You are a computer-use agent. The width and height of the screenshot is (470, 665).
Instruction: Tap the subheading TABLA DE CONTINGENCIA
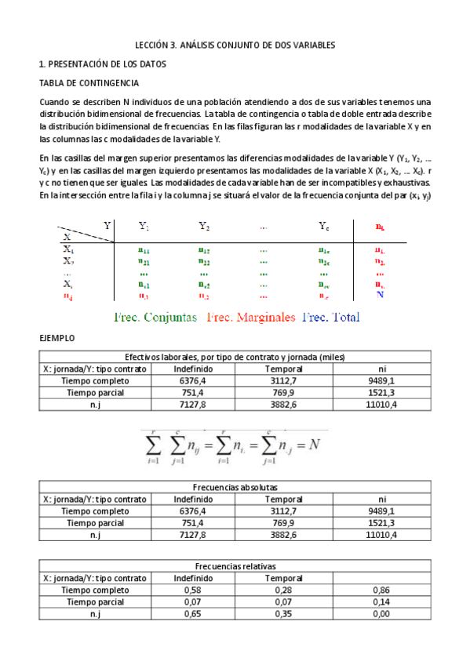(x=89, y=82)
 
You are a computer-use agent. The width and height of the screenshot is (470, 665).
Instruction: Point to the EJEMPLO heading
(x=56, y=338)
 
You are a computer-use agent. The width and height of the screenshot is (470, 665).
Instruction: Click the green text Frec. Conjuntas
(x=155, y=318)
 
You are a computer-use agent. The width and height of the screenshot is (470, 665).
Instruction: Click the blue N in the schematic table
(x=380, y=295)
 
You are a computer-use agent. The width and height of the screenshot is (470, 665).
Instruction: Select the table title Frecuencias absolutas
(x=234, y=487)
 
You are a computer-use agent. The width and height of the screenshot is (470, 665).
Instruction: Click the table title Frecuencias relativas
(x=234, y=565)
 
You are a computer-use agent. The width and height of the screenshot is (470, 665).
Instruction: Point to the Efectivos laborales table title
(x=234, y=357)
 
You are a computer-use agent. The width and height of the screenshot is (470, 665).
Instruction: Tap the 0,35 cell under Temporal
(x=284, y=614)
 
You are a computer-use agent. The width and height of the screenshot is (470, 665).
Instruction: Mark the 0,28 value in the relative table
(x=284, y=590)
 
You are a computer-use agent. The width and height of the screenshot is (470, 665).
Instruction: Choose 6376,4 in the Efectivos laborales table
(x=193, y=381)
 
